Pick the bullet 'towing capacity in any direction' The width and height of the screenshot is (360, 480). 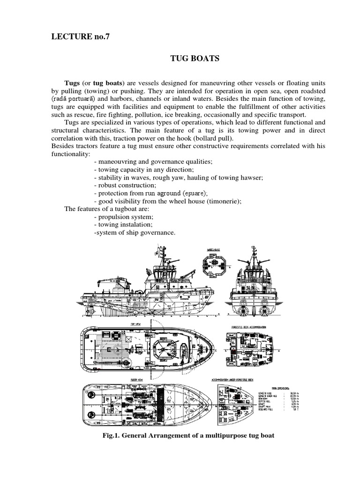[141, 169]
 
